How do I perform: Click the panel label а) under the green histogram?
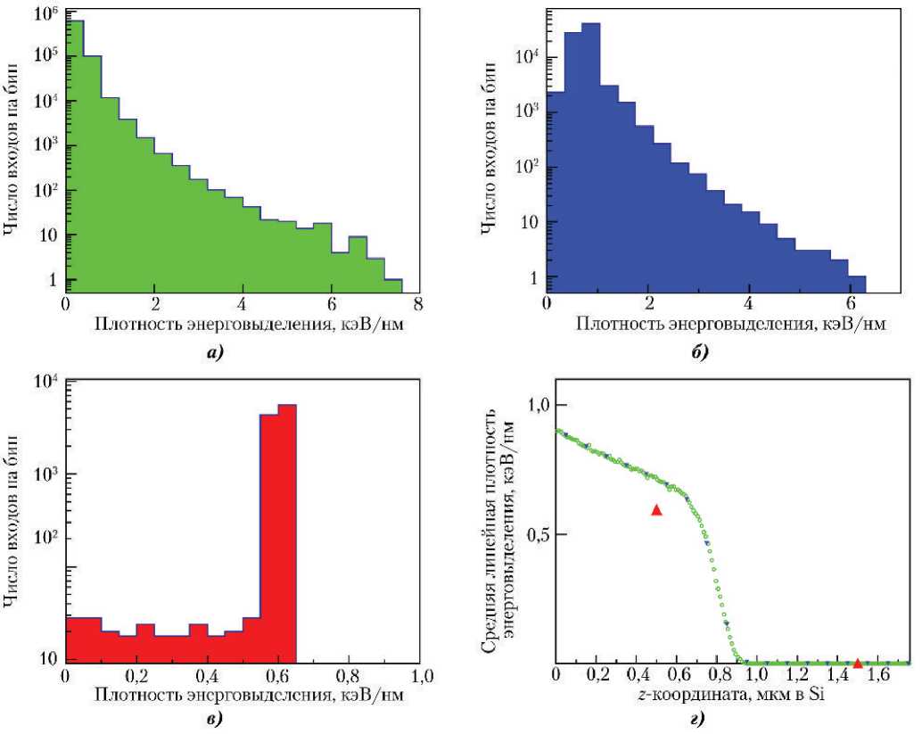click(214, 352)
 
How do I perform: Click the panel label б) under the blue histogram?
click(701, 352)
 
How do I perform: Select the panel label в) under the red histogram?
click(214, 716)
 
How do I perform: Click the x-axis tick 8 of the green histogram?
click(419, 303)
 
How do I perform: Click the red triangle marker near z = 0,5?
click(656, 509)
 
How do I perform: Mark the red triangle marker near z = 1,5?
click(857, 663)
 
